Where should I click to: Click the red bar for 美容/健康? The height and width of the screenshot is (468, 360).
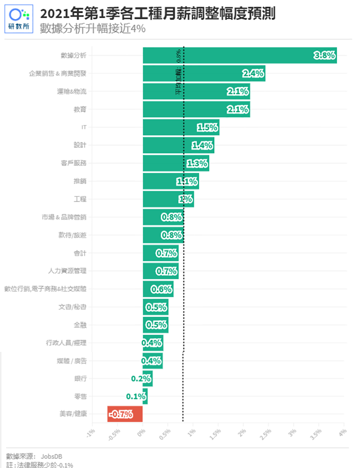[x=125, y=414]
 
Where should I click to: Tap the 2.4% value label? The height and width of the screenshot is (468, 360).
[x=253, y=73]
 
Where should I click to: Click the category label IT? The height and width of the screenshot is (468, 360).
[x=83, y=127]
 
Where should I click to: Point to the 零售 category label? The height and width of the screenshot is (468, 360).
[x=80, y=396]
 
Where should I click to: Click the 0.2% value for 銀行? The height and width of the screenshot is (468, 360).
[x=141, y=378]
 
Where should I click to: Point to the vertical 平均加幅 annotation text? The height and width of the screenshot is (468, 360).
[x=178, y=72]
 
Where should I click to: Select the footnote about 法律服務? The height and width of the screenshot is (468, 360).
[x=40, y=464]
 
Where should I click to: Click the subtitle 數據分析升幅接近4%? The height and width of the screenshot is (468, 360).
[x=92, y=29]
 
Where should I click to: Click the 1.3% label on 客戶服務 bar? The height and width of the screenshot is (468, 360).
[x=197, y=163]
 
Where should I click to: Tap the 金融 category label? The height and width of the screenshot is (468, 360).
[x=80, y=325]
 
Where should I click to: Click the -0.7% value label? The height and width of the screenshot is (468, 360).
[x=121, y=414]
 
